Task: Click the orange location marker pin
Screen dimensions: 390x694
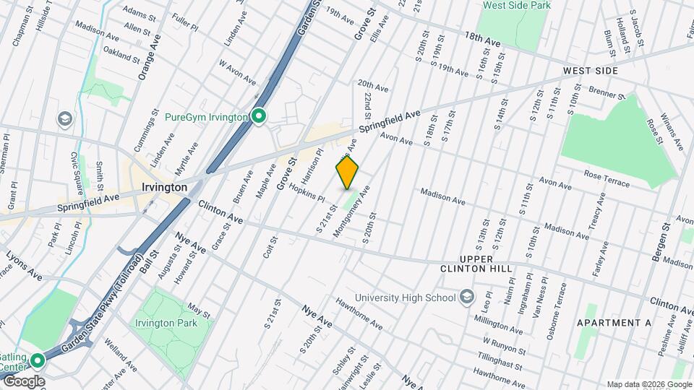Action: point(347,173)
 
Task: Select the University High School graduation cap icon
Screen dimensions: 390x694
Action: point(467,297)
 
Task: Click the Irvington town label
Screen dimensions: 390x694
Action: point(163,187)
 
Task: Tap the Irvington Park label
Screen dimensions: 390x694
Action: point(166,323)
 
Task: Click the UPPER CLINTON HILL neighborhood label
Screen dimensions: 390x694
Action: point(476,264)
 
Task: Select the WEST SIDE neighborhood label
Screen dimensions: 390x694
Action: point(591,71)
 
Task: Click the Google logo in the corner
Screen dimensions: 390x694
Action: point(24,381)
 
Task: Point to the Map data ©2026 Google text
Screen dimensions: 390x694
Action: point(648,383)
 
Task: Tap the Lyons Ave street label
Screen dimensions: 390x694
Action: point(25,265)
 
